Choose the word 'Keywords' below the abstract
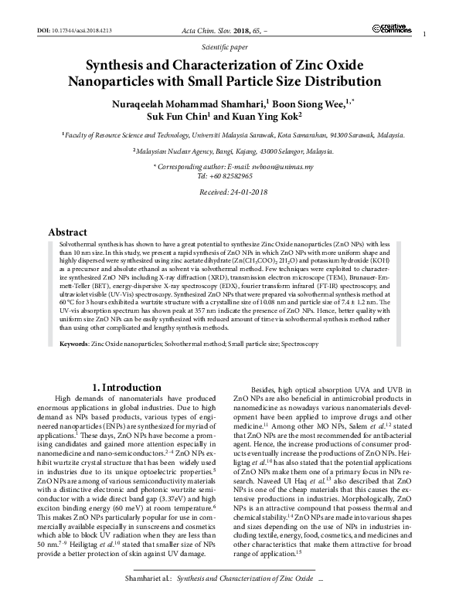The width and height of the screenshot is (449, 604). click(66, 341)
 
